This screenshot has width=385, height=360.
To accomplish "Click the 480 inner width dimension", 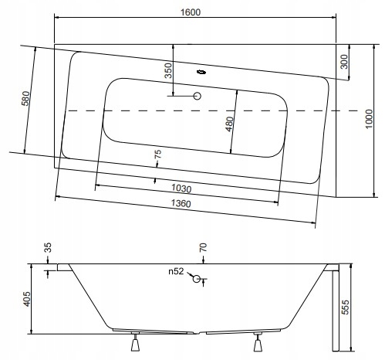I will click(x=228, y=124).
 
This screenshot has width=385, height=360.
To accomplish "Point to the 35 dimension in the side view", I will click(x=48, y=248).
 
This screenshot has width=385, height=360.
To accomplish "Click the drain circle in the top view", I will click(x=197, y=97).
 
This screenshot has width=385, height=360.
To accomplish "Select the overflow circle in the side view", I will click(x=198, y=279).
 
